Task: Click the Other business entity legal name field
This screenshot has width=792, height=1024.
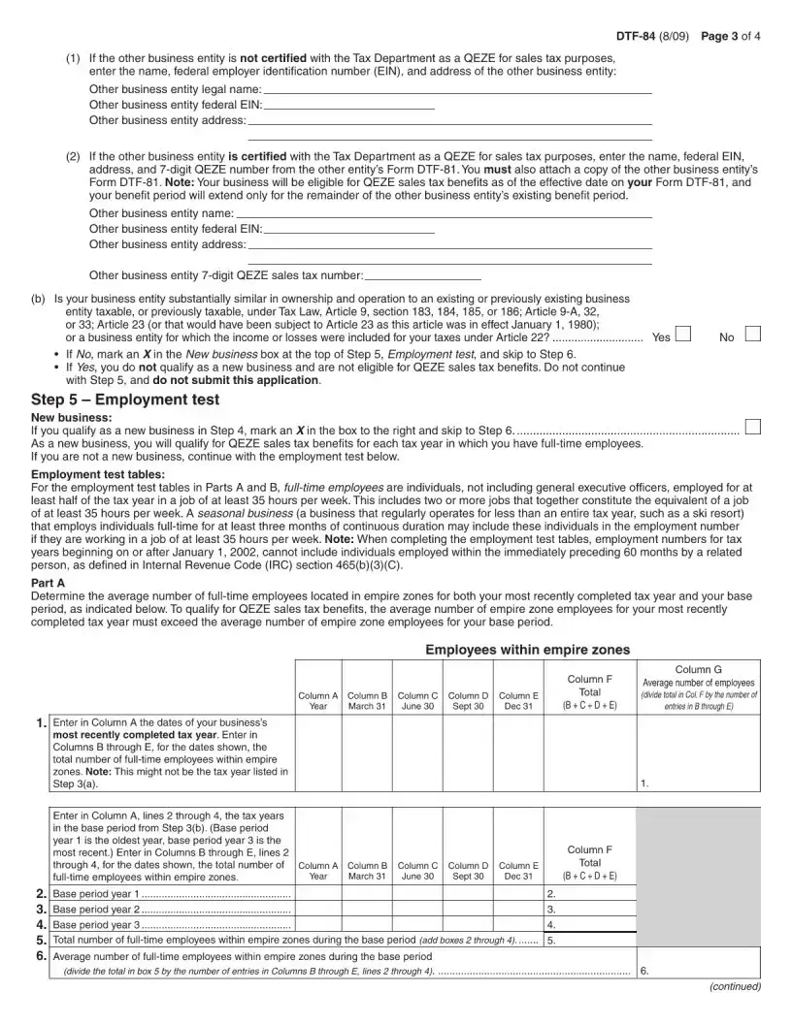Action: click(450, 88)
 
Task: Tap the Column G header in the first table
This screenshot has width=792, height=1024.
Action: click(698, 686)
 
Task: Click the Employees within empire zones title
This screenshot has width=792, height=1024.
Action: click(527, 650)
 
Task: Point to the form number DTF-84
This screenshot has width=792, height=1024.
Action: click(636, 37)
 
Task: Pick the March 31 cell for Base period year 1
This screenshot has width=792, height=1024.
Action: click(368, 893)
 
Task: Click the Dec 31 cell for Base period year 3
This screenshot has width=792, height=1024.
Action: click(518, 924)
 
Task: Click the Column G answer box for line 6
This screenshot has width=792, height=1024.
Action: click(698, 963)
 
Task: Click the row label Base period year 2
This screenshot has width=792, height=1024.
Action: click(97, 910)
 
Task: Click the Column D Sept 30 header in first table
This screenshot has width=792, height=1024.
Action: click(468, 700)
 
